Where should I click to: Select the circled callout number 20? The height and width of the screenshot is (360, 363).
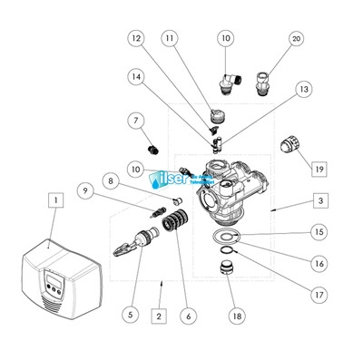pos(270,40)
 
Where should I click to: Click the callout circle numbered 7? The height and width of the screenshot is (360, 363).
pos(136,121)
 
